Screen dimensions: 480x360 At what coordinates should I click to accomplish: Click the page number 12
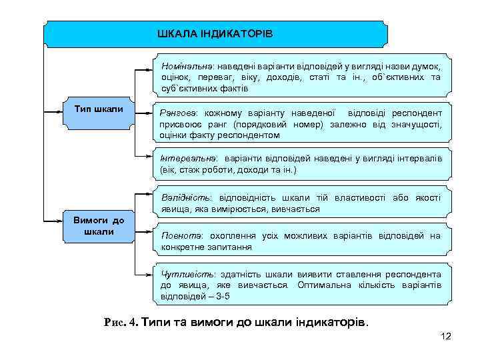tap(446, 336)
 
